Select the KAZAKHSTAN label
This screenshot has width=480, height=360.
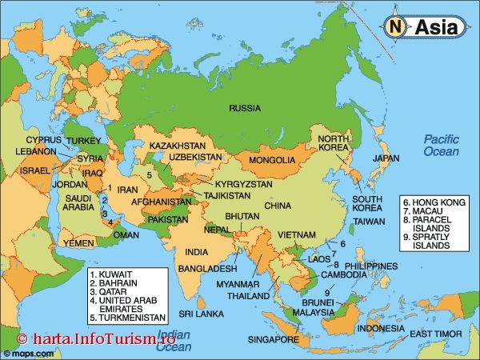[178, 146]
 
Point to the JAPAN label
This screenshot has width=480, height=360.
[386, 158]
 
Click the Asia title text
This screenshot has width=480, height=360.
[436, 28]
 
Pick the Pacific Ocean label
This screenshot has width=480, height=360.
[442, 145]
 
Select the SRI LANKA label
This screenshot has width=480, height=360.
[200, 314]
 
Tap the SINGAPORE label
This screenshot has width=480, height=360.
[272, 339]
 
